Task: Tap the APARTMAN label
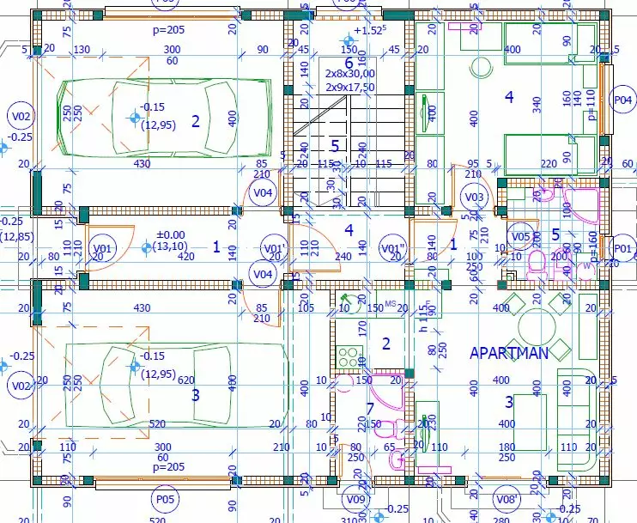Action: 509,353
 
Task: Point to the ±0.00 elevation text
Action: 170,234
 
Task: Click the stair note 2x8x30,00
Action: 349,75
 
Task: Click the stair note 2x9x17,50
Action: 349,87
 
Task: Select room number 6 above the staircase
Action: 349,62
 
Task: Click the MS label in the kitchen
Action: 390,302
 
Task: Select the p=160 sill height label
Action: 591,245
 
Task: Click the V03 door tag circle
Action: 473,198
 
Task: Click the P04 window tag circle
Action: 623,100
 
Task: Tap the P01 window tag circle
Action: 623,248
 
